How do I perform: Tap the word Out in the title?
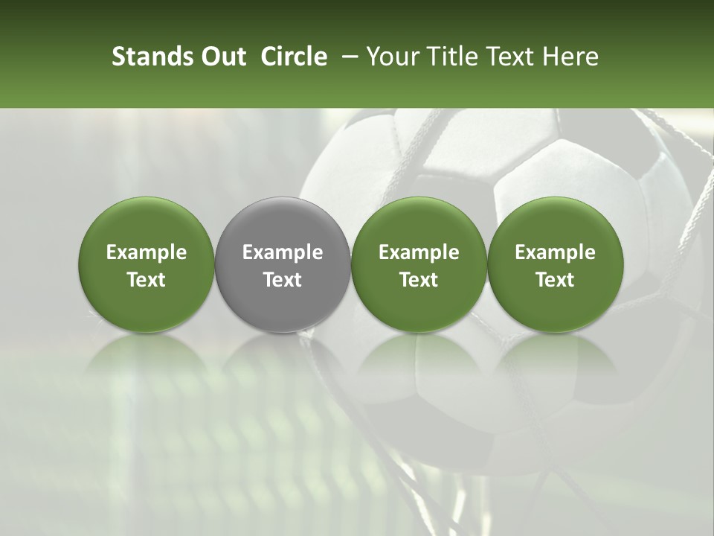coord(222,57)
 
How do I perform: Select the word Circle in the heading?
coord(293,57)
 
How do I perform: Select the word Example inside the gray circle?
coord(283,252)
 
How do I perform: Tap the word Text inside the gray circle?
coord(283,280)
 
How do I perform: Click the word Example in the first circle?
coord(147,252)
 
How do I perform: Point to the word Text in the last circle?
coord(555,280)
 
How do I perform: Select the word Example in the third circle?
coord(419,252)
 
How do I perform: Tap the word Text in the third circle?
coord(419,280)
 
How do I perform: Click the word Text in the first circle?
coord(147,280)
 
